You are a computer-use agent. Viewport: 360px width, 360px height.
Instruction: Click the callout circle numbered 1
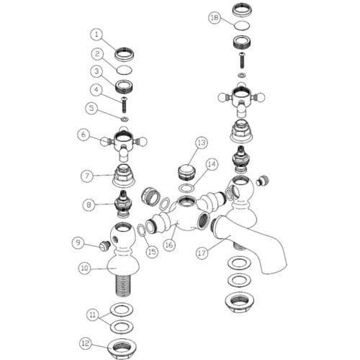click(x=96, y=35)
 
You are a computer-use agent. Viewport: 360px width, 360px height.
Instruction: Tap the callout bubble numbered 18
click(x=215, y=17)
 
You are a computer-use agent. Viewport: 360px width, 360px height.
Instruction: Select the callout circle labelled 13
click(x=202, y=143)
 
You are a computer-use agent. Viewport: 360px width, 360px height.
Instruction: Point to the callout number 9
click(x=78, y=243)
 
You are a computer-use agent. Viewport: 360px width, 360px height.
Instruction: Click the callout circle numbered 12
click(x=85, y=343)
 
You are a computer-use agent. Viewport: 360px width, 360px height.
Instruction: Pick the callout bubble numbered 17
click(x=202, y=253)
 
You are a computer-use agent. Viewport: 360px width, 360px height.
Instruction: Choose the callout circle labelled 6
click(x=84, y=135)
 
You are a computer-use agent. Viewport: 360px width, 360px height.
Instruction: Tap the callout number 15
click(x=152, y=252)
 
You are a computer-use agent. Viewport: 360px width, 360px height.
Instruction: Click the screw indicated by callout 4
click(x=125, y=104)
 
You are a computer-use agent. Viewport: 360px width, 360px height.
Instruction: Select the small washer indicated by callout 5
click(x=125, y=119)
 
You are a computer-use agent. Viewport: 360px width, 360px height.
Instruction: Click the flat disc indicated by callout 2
click(x=125, y=70)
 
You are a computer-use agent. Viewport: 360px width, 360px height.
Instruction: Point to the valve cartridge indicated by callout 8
click(x=124, y=204)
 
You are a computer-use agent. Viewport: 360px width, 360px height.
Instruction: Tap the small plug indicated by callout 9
click(x=105, y=246)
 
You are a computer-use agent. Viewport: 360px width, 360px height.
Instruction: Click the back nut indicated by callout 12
click(x=122, y=348)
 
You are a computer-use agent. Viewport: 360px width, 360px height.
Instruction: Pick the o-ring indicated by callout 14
click(x=187, y=189)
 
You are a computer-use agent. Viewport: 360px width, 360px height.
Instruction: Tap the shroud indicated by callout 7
click(x=124, y=176)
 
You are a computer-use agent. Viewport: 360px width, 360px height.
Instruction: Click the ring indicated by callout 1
click(x=124, y=54)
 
